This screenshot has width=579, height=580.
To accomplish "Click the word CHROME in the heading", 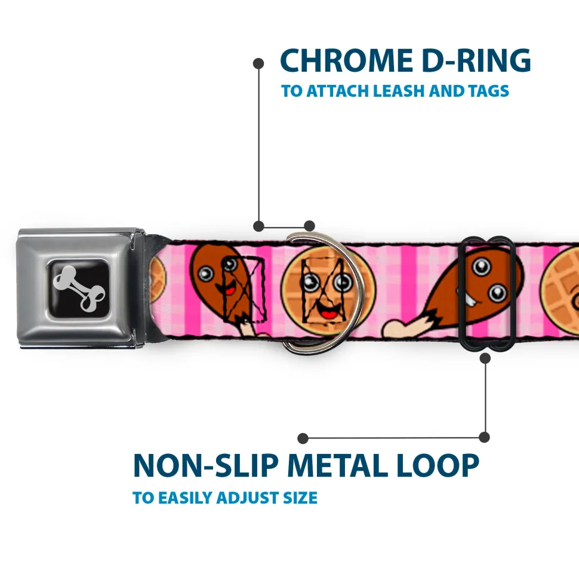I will coord(344,61).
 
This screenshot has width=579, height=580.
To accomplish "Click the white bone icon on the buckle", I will coord(81,289).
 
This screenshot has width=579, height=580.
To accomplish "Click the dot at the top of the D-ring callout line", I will coord(258,63).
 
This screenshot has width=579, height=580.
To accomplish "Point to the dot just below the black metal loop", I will coord(485,358).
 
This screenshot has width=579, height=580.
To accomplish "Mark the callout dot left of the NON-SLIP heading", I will coord(303,438).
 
